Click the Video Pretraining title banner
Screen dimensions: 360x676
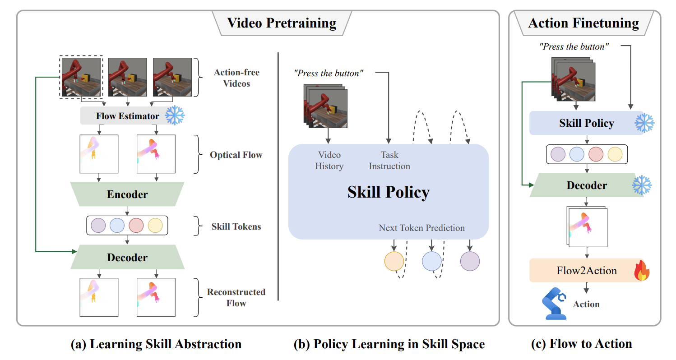(x=282, y=23)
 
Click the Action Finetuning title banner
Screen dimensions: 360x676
(x=583, y=23)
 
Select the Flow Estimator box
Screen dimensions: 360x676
(x=127, y=116)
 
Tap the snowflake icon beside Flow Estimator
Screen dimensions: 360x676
(x=175, y=115)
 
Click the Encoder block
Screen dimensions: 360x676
(x=127, y=194)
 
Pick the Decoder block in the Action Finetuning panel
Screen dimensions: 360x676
(x=587, y=185)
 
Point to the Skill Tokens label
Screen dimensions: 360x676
(x=236, y=226)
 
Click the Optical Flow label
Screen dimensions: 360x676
(x=236, y=155)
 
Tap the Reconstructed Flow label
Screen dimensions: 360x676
(x=236, y=297)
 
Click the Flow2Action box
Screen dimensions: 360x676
(x=587, y=270)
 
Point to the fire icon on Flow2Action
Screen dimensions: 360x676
(x=641, y=272)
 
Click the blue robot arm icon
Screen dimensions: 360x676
(x=554, y=305)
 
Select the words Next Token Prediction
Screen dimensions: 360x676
(x=421, y=228)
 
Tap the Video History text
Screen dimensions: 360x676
(x=329, y=161)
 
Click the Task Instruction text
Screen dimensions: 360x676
(x=389, y=161)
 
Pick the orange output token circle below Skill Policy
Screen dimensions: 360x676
(x=394, y=261)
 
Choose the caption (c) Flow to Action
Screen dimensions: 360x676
(x=582, y=344)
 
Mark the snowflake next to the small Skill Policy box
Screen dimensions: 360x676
(x=644, y=122)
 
